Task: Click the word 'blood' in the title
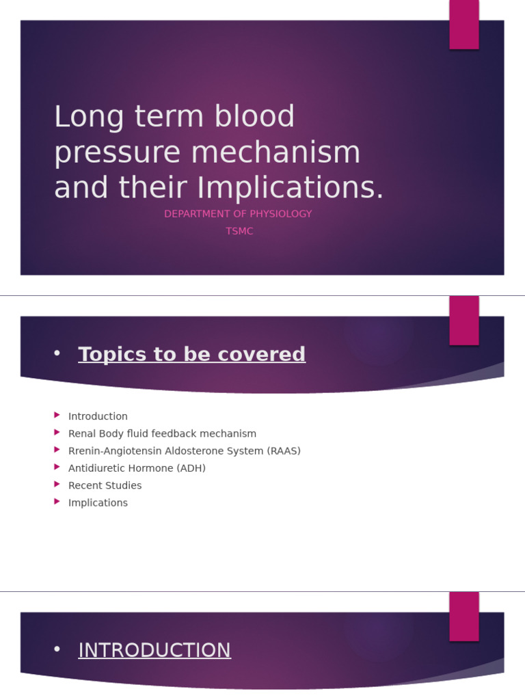click(x=254, y=117)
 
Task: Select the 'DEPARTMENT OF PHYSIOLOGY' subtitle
click(x=238, y=214)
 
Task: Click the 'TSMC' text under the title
click(x=239, y=231)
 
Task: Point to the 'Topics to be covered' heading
click(x=191, y=354)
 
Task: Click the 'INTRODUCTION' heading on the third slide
click(x=154, y=650)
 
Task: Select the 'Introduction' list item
click(x=98, y=416)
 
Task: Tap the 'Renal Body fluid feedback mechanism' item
click(x=162, y=433)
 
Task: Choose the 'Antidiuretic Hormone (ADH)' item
click(x=137, y=468)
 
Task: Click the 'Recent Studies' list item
click(x=105, y=485)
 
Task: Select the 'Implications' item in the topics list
click(x=98, y=502)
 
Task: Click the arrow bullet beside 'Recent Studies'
click(x=57, y=484)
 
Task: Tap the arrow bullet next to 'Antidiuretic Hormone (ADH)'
click(x=57, y=467)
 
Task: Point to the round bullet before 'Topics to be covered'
click(x=57, y=353)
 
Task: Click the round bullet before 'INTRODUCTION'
click(x=57, y=649)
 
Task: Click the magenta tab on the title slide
click(x=464, y=24)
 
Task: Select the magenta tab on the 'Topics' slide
click(x=464, y=320)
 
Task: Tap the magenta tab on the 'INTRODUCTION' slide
click(x=464, y=616)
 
